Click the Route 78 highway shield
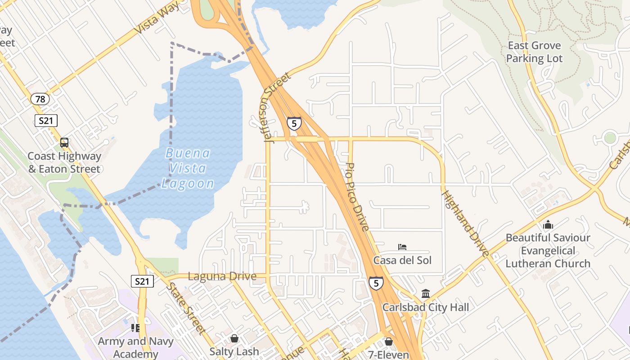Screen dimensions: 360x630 [x=40, y=99]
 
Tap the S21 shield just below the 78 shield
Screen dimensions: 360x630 [x=46, y=120]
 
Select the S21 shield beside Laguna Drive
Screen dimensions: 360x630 [x=142, y=282]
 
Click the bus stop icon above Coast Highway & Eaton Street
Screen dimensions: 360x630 [x=64, y=143]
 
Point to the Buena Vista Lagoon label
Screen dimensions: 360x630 [x=188, y=168]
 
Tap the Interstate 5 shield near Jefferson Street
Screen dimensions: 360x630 [x=294, y=123]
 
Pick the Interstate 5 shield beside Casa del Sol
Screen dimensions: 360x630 [x=376, y=283]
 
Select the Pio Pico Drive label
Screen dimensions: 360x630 [x=358, y=197]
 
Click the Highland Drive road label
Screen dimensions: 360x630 [x=465, y=224]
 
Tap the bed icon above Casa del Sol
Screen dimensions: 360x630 [x=402, y=247]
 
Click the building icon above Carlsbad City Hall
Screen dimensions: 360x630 [x=426, y=294]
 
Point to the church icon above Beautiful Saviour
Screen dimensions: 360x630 [x=548, y=225]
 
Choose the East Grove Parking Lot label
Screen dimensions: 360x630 [x=534, y=52]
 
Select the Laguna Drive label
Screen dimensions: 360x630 [x=222, y=276]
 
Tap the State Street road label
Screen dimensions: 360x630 [x=186, y=308]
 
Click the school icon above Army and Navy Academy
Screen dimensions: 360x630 [x=135, y=328]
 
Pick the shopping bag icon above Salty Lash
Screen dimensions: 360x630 [x=234, y=338]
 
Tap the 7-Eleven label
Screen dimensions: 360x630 [x=388, y=355]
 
